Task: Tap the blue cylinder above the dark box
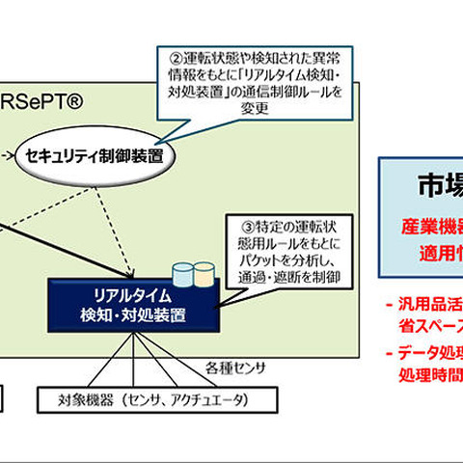pyautogui.click(x=180, y=274)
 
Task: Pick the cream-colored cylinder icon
pyautogui.click(x=204, y=274)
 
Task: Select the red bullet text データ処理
pyautogui.click(x=429, y=352)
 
